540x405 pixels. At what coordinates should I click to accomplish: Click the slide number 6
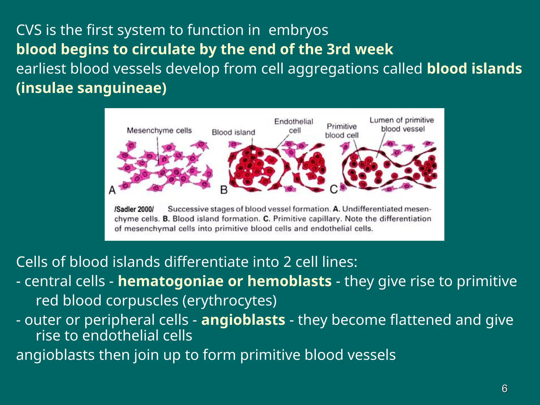pos(504,388)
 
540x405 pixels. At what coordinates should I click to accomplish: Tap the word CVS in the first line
pos(29,30)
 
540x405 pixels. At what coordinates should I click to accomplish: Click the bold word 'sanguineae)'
pos(122,88)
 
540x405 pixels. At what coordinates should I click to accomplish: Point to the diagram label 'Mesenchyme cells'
pos(159,131)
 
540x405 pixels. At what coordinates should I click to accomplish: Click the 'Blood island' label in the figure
pos(233,132)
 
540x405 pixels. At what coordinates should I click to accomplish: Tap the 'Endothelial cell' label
pos(294,126)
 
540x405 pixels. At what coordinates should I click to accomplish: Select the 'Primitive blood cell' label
pos(342,131)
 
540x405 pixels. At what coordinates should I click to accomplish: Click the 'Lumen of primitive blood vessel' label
pos(402,124)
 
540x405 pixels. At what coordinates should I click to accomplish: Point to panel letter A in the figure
pos(112,190)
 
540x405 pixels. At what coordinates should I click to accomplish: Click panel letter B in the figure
pos(224,190)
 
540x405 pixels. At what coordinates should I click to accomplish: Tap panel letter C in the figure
pos(334,189)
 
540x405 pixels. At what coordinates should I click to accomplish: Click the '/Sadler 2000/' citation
pos(134,209)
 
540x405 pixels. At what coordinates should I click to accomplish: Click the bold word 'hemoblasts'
pos(289,281)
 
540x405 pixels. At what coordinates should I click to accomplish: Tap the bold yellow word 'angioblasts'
pos(243,320)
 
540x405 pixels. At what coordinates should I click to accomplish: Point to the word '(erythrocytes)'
pos(229,301)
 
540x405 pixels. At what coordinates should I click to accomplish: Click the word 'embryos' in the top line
pos(298,30)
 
